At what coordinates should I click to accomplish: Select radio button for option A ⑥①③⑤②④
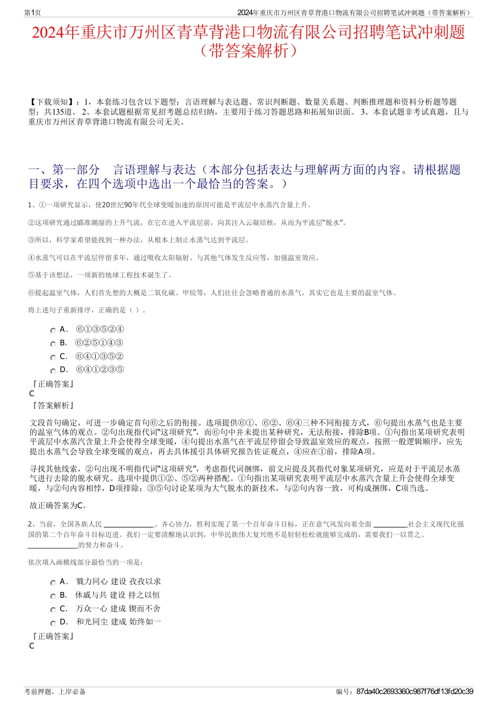coord(53,330)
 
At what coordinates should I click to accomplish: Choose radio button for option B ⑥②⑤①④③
coord(53,344)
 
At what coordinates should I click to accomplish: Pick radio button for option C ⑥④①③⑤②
coord(53,357)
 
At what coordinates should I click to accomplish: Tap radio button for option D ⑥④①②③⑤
coord(53,371)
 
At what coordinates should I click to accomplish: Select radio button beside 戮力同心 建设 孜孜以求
coord(53,583)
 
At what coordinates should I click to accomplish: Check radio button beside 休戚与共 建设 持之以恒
coord(53,596)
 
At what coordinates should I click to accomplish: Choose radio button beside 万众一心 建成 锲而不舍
coord(53,610)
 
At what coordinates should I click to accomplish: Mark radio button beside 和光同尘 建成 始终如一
coord(53,623)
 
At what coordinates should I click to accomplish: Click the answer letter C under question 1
coord(32,394)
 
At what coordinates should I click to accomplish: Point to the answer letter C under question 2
coord(32,646)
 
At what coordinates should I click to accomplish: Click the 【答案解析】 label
coord(53,406)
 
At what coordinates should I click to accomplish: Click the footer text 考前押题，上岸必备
coord(55,691)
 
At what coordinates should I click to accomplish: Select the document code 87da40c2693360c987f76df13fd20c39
coord(414,691)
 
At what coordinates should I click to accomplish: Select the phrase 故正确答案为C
coord(59,506)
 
